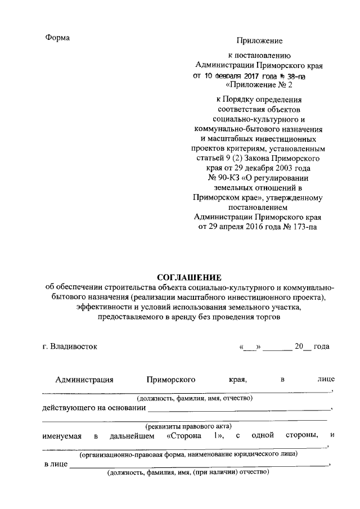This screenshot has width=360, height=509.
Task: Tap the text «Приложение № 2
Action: point(259,85)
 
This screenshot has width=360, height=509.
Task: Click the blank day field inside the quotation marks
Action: point(250,347)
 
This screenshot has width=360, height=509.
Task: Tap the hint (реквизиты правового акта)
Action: point(188,426)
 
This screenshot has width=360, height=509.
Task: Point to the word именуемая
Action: point(62,435)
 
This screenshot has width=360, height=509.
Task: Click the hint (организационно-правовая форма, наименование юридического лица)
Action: point(188,453)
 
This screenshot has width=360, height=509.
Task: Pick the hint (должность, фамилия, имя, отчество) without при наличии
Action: point(188,398)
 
